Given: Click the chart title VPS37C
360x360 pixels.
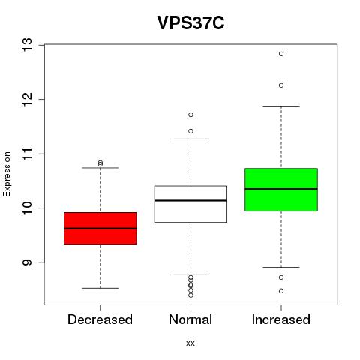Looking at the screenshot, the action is tap(190, 22).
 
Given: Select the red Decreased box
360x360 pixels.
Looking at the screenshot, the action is tap(100, 228).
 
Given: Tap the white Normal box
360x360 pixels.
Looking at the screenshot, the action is tap(190, 204).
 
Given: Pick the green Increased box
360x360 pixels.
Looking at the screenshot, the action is tap(281, 190).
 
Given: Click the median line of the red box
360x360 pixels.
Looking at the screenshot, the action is tap(100, 229).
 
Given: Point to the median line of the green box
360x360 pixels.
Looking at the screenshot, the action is tap(281, 189).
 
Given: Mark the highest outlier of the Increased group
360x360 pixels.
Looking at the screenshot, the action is tap(281, 54).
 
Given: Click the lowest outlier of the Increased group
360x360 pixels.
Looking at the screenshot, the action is tap(281, 291).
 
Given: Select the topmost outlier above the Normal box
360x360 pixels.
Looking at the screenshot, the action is tap(190, 115).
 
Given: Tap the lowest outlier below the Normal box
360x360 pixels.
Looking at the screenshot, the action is tap(190, 295).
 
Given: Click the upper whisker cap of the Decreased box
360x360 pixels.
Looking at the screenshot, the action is tap(100, 168).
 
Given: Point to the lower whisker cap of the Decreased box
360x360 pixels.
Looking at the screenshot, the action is tap(100, 288).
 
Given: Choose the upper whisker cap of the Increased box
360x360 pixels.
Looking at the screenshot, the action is tap(281, 106).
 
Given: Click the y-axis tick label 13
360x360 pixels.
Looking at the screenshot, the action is tap(27, 45).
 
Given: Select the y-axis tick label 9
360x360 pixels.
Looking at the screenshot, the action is tap(27, 262).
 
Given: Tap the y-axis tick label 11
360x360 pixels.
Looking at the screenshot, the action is tap(27, 154).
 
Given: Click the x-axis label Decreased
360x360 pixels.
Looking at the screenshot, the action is tap(100, 319).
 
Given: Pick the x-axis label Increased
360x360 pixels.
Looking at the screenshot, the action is tap(281, 319).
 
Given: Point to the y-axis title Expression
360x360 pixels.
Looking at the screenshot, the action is tap(7, 174).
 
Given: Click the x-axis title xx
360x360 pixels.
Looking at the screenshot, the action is tap(190, 343).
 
